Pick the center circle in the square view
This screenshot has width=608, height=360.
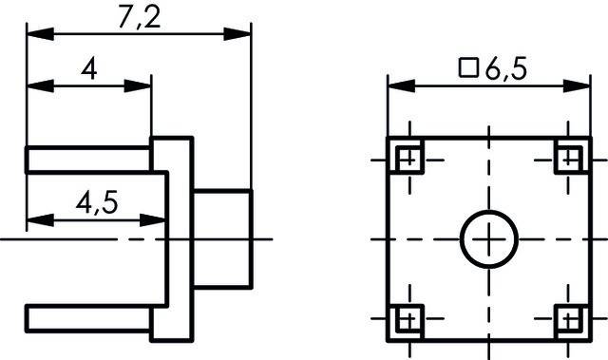point(488,238)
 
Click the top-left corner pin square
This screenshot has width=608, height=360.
point(408,158)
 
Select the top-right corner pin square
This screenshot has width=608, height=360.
point(568,158)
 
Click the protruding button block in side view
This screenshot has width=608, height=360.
point(224,237)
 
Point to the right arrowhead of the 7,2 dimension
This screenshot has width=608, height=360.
point(243,34)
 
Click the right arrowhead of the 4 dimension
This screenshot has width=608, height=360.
point(142,85)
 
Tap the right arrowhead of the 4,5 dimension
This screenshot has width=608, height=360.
point(160,220)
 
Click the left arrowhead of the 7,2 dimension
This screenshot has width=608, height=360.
point(34,34)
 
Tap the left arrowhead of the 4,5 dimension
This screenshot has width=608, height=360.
point(34,220)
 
